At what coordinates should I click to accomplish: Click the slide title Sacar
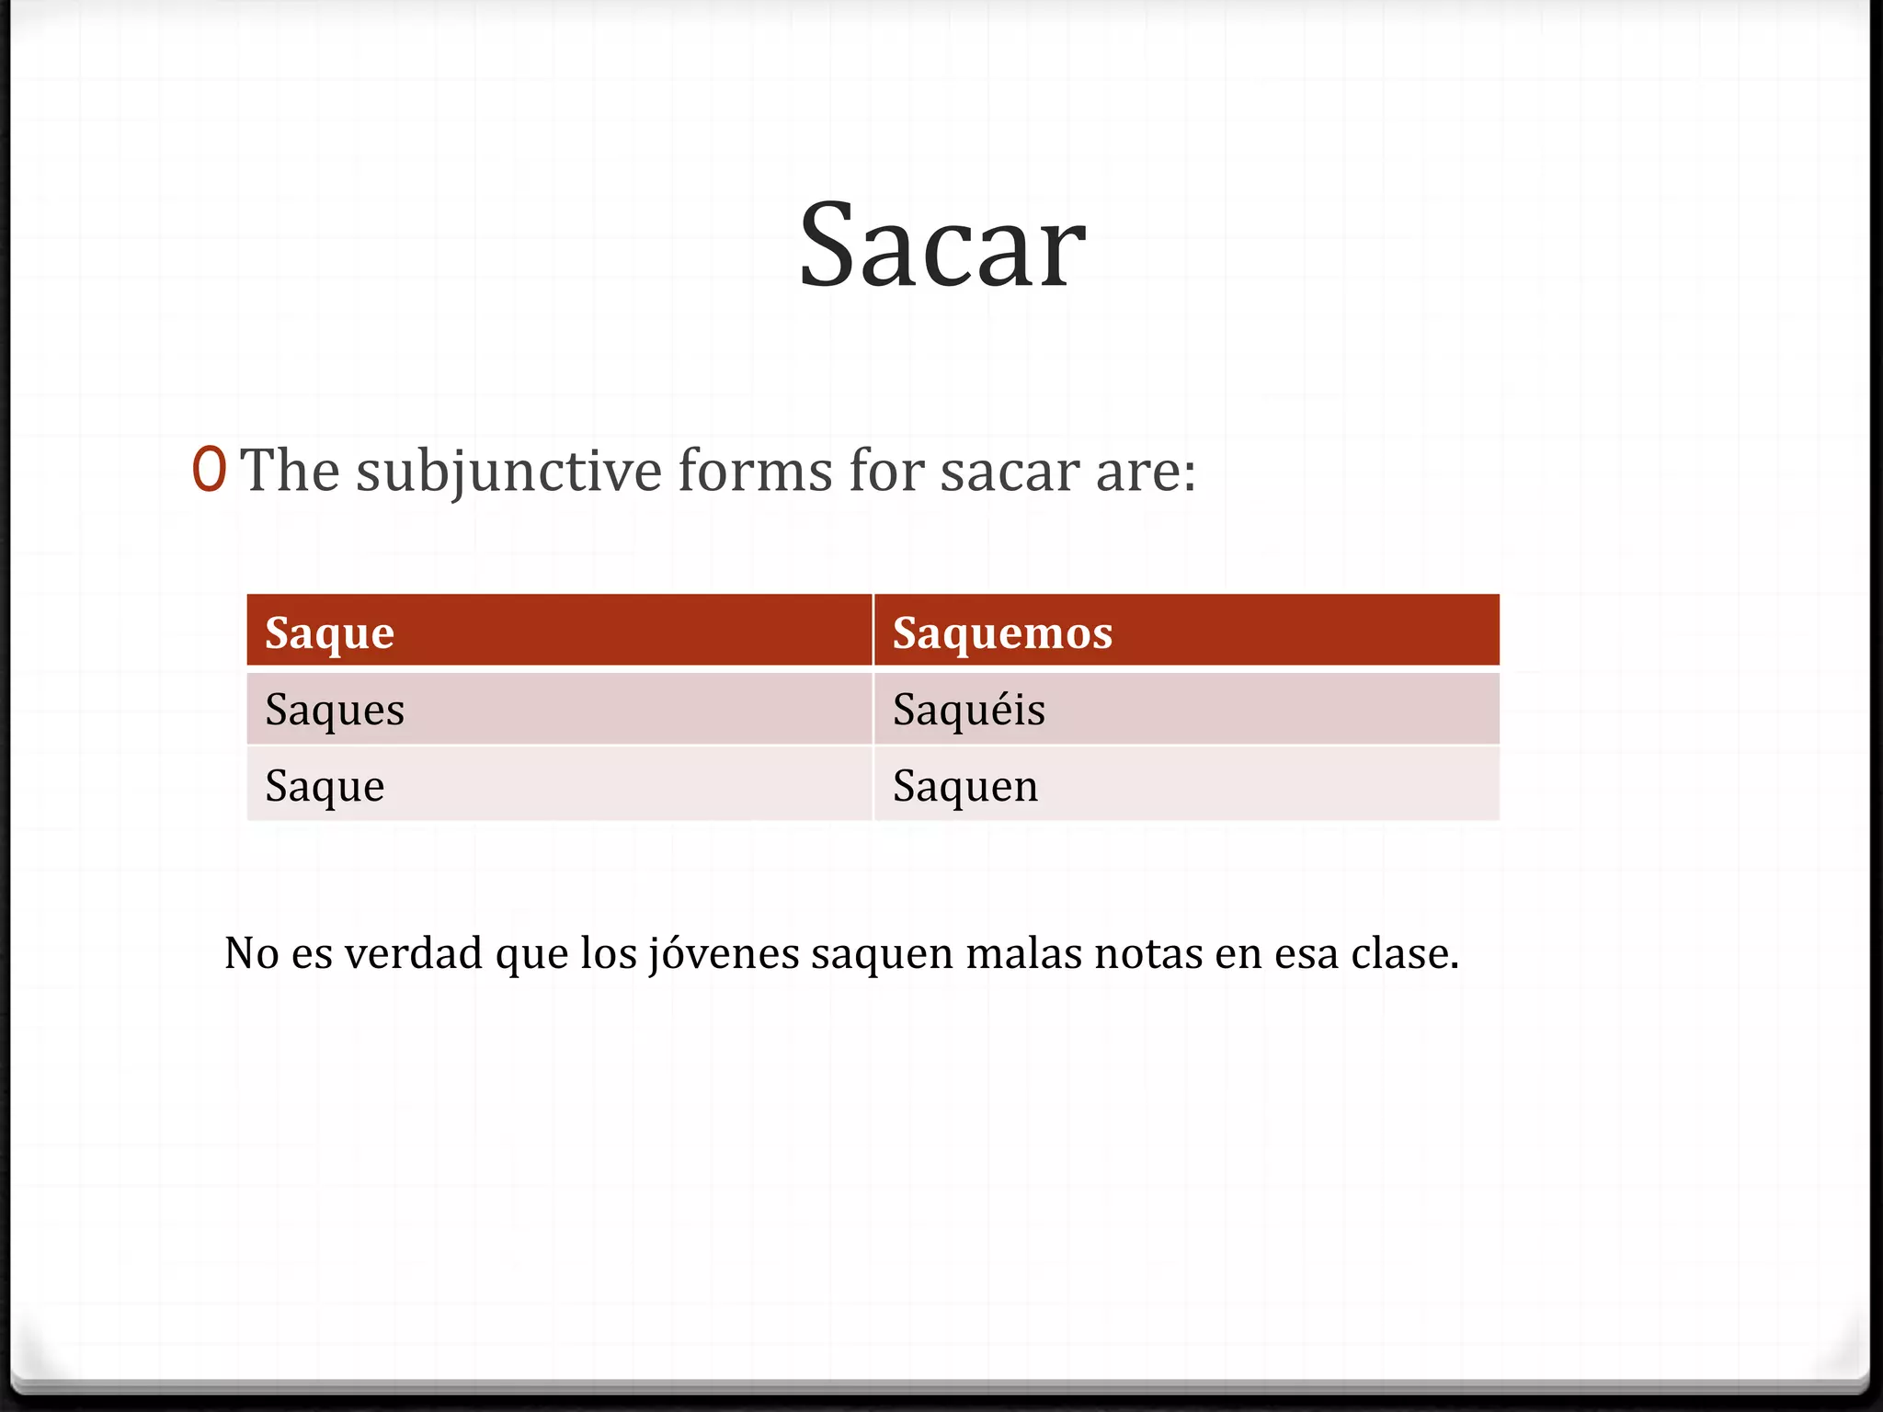tap(941, 246)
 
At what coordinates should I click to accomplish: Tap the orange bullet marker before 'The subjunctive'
tap(210, 470)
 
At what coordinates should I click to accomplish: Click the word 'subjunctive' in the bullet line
tap(508, 472)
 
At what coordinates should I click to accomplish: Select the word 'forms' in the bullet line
tap(756, 470)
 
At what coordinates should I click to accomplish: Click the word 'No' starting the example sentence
tap(251, 953)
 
